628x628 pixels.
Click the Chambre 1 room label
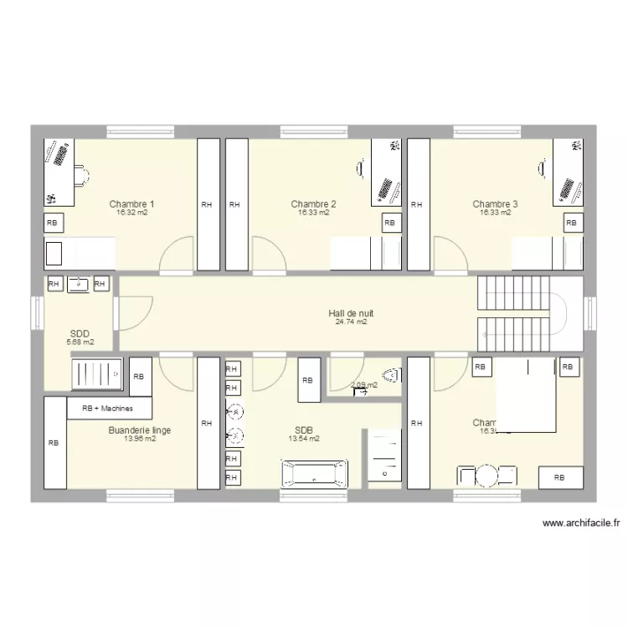pyautogui.click(x=131, y=203)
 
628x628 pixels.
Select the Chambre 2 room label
pyautogui.click(x=313, y=203)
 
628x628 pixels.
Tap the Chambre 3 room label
pyautogui.click(x=495, y=203)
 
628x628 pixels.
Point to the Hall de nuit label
pyautogui.click(x=351, y=313)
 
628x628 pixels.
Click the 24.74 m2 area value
pyautogui.click(x=351, y=322)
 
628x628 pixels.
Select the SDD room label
pyautogui.click(x=80, y=333)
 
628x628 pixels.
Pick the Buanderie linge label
pyautogui.click(x=140, y=430)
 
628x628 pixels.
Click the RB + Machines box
pyautogui.click(x=111, y=408)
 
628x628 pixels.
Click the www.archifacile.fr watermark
pyautogui.click(x=581, y=523)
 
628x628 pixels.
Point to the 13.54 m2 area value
pyautogui.click(x=304, y=438)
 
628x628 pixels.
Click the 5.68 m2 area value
pyautogui.click(x=80, y=342)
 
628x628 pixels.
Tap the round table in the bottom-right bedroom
pyautogui.click(x=487, y=476)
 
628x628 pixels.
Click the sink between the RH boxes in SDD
pyautogui.click(x=78, y=285)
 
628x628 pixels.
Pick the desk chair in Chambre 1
pyautogui.click(x=81, y=175)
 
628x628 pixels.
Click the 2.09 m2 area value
pyautogui.click(x=363, y=385)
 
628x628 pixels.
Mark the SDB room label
pyautogui.click(x=304, y=430)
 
